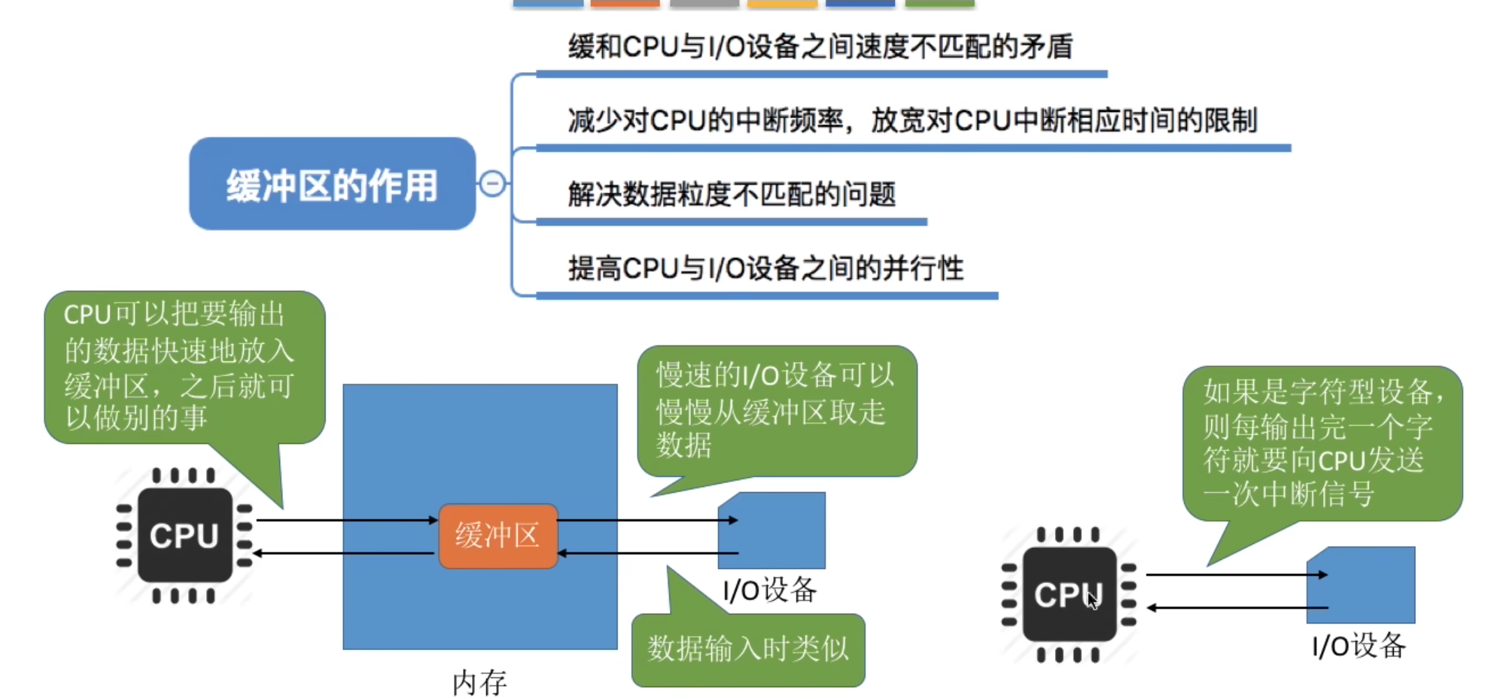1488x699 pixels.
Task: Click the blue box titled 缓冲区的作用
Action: [x=332, y=185]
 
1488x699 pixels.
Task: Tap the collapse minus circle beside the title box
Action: [x=493, y=184]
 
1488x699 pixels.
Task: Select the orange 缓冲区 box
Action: [x=497, y=536]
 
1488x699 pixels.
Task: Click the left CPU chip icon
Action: [x=184, y=535]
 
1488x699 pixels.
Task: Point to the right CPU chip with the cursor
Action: [x=1069, y=595]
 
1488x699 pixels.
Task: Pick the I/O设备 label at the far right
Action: [x=1359, y=645]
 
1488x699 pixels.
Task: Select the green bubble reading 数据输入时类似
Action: [x=748, y=649]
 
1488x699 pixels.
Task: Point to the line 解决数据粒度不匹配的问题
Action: [x=731, y=194]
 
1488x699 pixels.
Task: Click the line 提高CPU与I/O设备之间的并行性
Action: [x=766, y=268]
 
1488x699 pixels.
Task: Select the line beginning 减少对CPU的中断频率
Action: [x=912, y=120]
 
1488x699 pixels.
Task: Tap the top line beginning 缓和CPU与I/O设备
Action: [x=820, y=47]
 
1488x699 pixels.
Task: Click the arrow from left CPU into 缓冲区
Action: [x=346, y=520]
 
